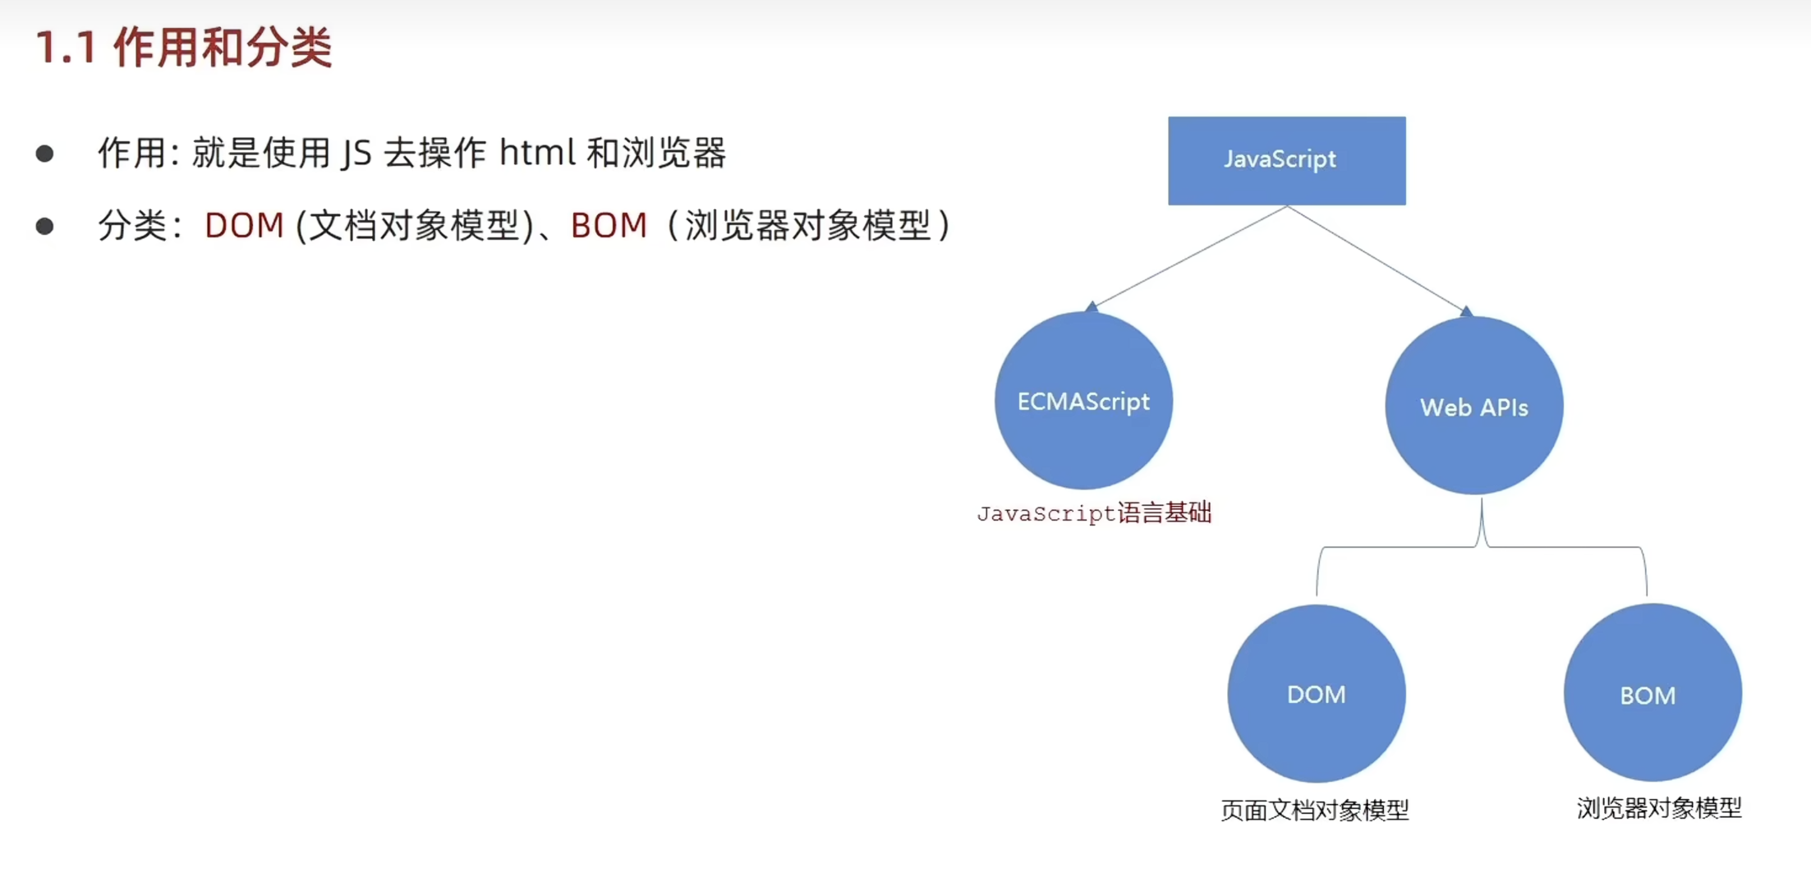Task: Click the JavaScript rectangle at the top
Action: [1286, 160]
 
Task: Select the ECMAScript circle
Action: [1083, 401]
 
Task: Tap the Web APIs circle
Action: [1474, 407]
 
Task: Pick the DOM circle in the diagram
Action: [1316, 694]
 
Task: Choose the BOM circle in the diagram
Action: [1652, 694]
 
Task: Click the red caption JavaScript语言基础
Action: [1094, 513]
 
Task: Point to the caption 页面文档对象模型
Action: [1314, 811]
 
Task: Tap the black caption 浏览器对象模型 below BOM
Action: [1659, 808]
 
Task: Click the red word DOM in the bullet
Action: [244, 225]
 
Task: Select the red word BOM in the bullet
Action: [609, 225]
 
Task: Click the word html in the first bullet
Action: [537, 153]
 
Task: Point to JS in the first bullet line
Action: [356, 154]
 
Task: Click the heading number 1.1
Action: [67, 48]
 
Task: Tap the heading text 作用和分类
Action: [223, 48]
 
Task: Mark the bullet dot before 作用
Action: [45, 154]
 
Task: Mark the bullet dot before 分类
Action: [45, 226]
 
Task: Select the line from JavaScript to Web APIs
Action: [1377, 258]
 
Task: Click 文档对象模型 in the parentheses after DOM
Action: [415, 225]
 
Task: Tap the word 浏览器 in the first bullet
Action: [674, 153]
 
